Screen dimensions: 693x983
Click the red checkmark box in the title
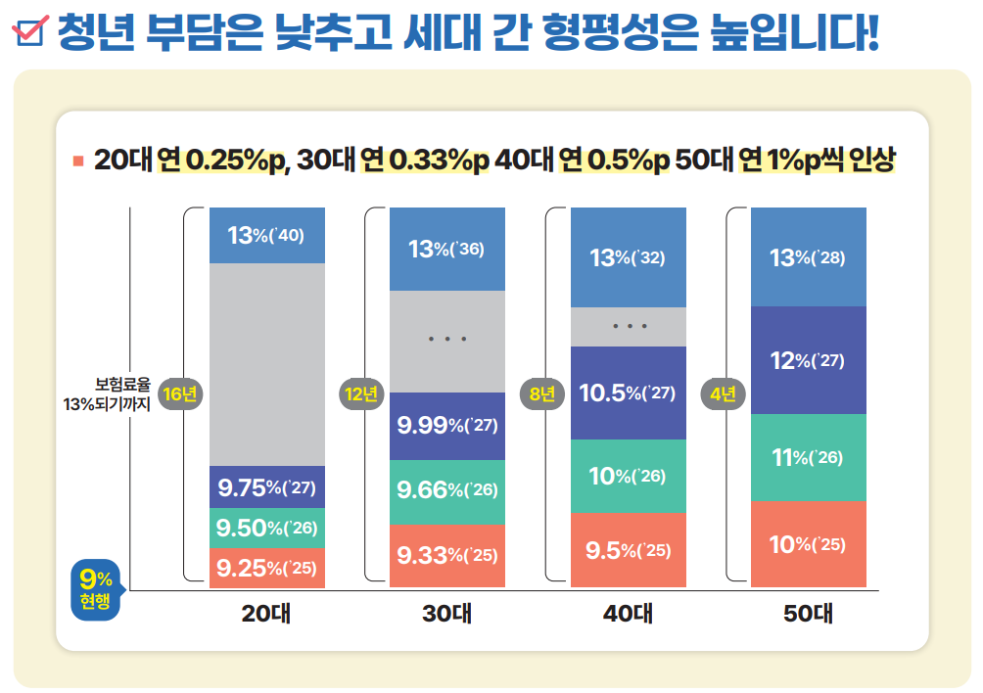(29, 32)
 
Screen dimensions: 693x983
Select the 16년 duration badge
(180, 394)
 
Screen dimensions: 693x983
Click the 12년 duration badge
(361, 394)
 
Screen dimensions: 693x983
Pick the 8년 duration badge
(541, 394)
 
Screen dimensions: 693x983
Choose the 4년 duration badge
(723, 394)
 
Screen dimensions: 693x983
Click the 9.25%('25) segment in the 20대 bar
(267, 568)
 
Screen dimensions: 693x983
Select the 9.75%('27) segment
(267, 486)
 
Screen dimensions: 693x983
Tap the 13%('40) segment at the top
(267, 235)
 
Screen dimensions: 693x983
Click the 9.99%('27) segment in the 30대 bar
(447, 426)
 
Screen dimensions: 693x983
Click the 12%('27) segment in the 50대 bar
(809, 360)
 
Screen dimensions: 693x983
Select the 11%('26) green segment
(809, 457)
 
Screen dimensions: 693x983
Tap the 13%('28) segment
(809, 257)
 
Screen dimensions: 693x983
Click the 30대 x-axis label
(447, 615)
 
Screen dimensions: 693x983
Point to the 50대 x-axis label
(809, 615)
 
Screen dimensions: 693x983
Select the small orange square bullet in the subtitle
(78, 161)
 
